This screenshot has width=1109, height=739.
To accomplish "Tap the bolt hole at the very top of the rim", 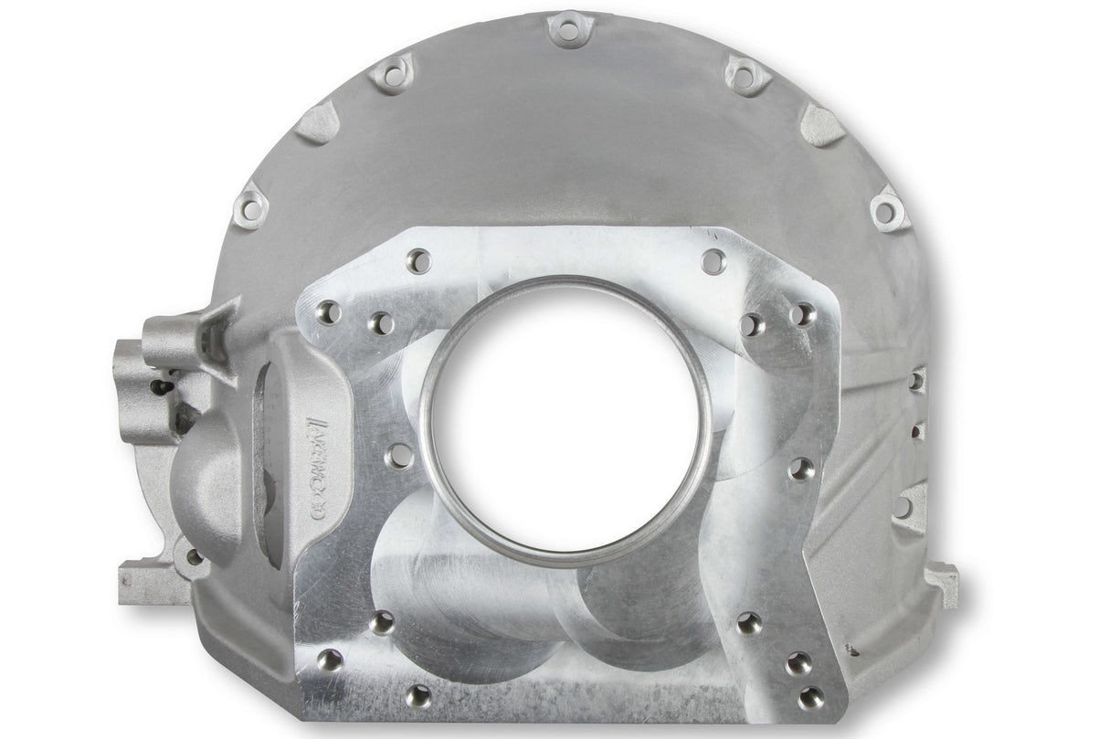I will tap(568, 30).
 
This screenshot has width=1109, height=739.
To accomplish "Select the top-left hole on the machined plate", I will tap(417, 259).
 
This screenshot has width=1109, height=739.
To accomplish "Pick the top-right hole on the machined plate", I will tap(713, 259).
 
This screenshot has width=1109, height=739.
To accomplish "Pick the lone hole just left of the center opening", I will tap(398, 455).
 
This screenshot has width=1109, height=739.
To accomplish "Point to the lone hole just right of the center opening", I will tap(801, 470).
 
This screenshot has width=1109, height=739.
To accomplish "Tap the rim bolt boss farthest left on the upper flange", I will tap(248, 209).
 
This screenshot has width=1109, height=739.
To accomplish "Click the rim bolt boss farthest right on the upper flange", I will tap(885, 211).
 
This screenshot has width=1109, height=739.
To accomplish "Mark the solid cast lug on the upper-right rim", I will tap(820, 123).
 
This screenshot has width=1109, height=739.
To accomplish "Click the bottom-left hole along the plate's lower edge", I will tap(418, 695).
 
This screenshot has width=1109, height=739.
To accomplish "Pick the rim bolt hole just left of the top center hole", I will tap(394, 74).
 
